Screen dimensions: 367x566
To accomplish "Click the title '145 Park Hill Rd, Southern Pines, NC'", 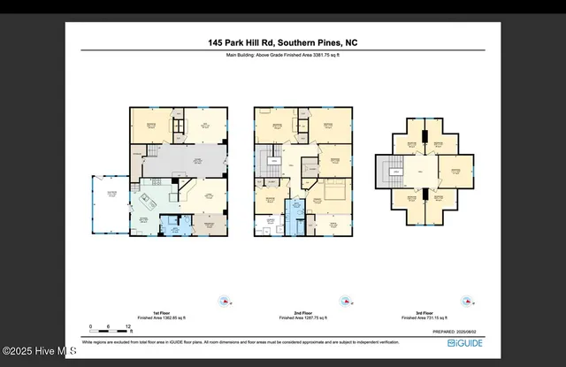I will click(283, 42).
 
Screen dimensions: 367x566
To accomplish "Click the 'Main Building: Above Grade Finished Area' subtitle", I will click(283, 55).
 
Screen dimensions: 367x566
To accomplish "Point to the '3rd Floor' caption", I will click(426, 313).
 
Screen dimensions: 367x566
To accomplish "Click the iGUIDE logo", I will click(465, 341).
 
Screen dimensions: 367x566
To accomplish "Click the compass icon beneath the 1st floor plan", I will click(225, 301).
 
